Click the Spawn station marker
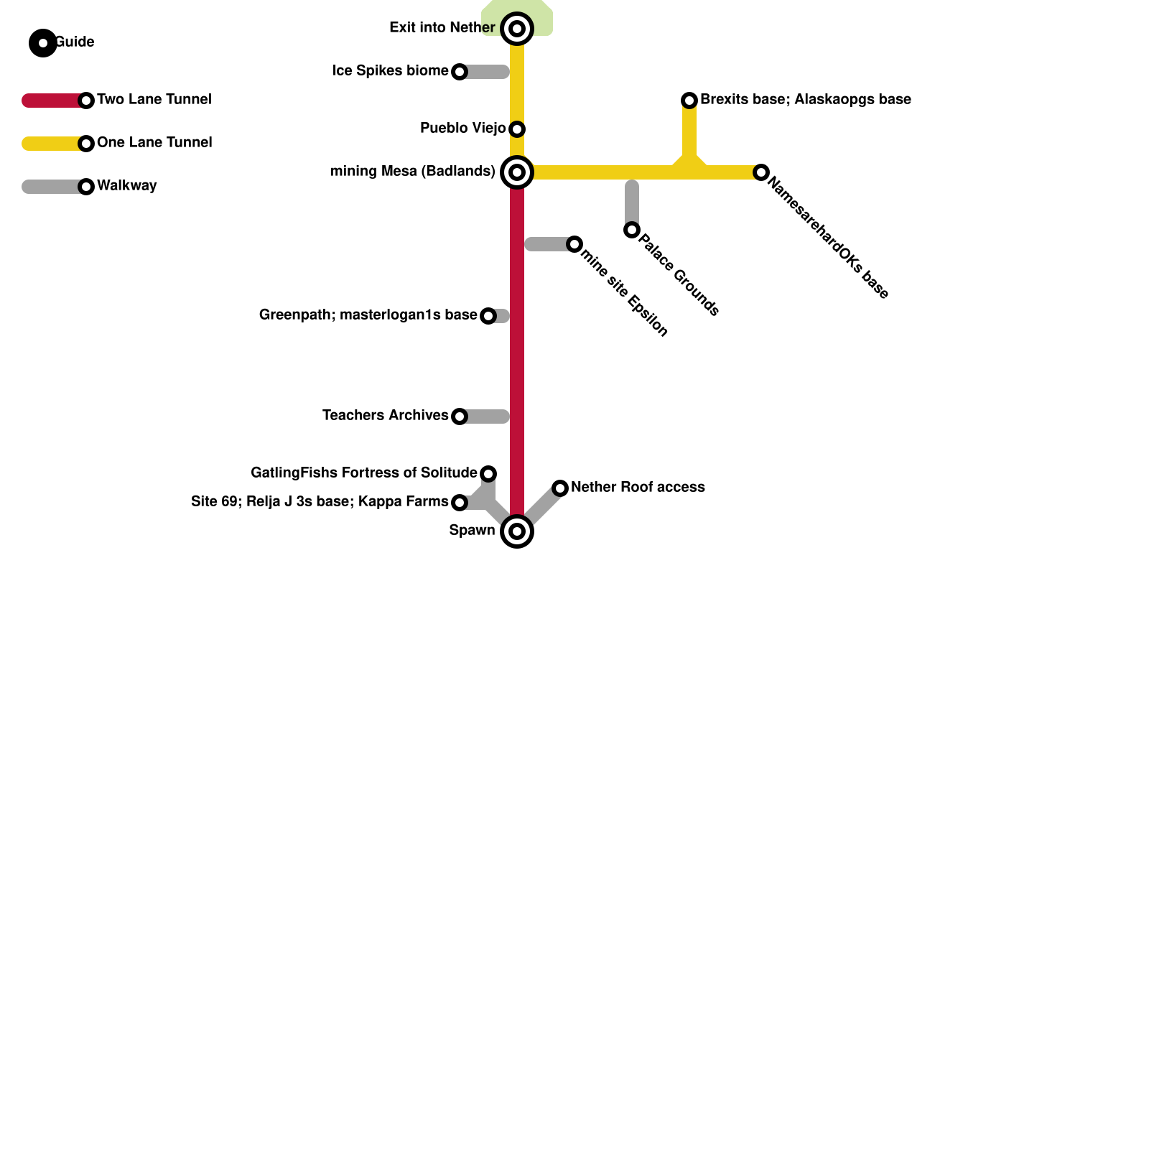tap(517, 531)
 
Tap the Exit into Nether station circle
tap(517, 29)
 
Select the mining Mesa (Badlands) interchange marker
tap(517, 172)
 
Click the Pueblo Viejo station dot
tap(517, 129)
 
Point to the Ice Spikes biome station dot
tap(460, 72)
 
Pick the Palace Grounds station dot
tap(632, 230)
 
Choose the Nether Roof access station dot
tap(560, 488)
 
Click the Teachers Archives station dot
tap(460, 417)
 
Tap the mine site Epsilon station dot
tap(574, 244)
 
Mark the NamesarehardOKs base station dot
tap(761, 172)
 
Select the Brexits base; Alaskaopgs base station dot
tap(689, 101)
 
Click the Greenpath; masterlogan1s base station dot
tap(488, 316)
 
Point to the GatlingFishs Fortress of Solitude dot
tap(488, 474)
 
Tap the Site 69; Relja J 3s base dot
tap(460, 503)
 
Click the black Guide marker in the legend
tap(43, 43)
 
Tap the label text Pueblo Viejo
tap(462, 129)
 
